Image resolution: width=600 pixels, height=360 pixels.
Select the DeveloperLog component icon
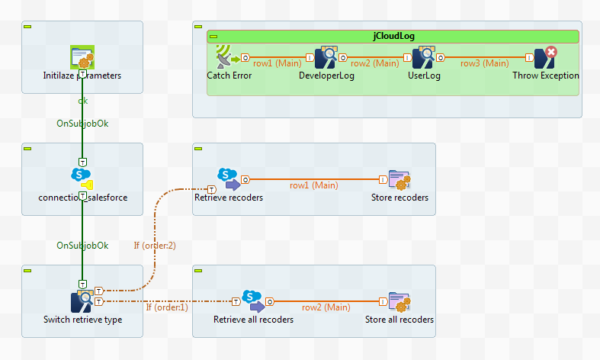pyautogui.click(x=326, y=57)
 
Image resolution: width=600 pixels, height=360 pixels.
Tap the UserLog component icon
pyautogui.click(x=423, y=57)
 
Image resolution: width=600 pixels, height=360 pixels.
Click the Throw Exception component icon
pyautogui.click(x=544, y=57)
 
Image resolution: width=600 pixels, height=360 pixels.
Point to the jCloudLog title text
pyautogui.click(x=393, y=36)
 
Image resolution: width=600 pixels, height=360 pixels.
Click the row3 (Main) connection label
pyautogui.click(x=484, y=63)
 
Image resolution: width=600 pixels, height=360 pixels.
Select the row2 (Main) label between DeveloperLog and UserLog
pyautogui.click(x=375, y=63)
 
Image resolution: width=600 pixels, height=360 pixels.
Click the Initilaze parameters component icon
pyautogui.click(x=82, y=57)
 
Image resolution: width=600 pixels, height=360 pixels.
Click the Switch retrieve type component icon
pyautogui.click(x=82, y=301)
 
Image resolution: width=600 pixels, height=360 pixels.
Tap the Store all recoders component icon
pyautogui.click(x=399, y=302)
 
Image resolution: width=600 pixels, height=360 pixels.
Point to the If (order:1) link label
pyautogui.click(x=167, y=307)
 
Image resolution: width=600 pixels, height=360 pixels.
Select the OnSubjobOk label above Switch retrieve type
pyautogui.click(x=82, y=246)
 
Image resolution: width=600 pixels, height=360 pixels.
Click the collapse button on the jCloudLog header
pyautogui.click(x=214, y=36)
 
